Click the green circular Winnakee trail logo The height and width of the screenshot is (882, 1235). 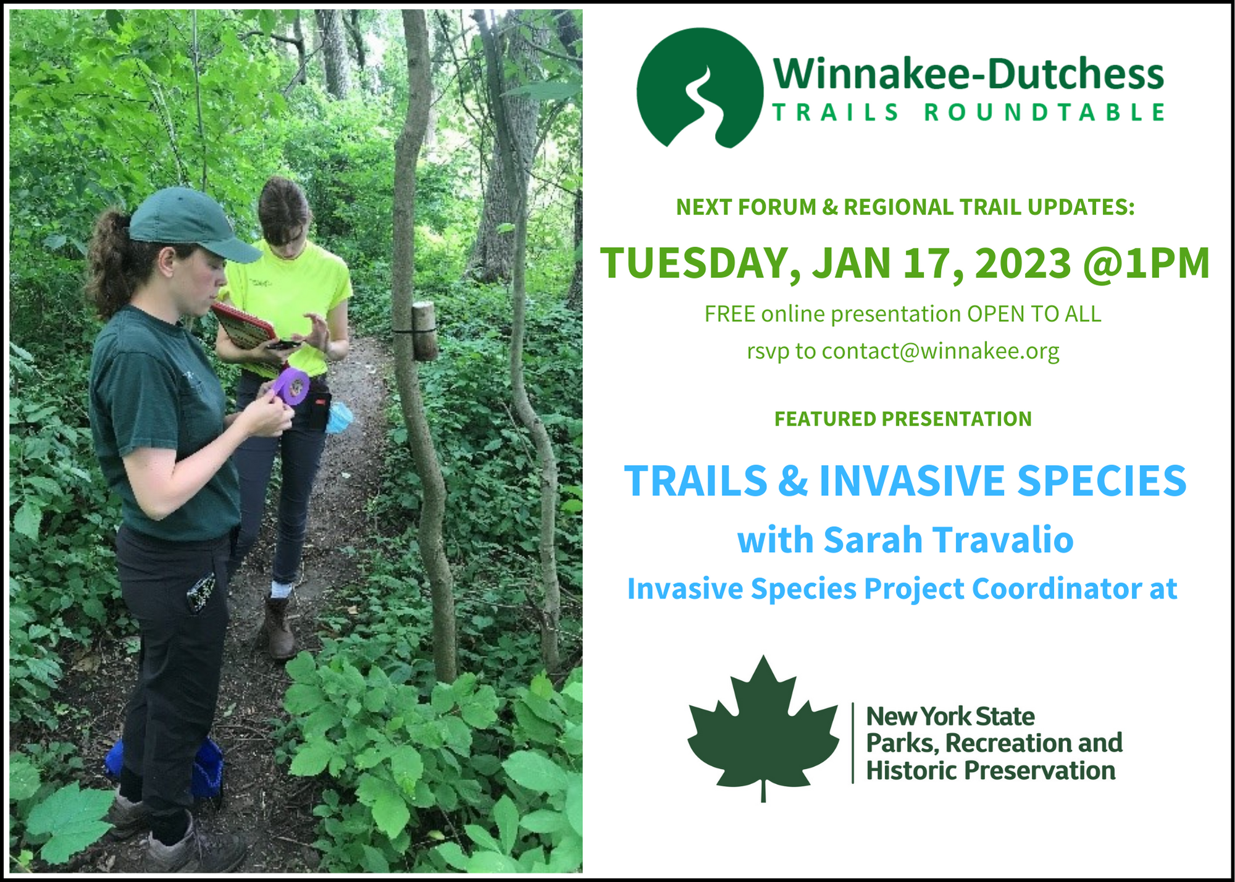coord(700,88)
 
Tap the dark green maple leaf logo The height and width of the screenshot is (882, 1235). coord(763,728)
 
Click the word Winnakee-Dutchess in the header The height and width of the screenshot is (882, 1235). coord(968,73)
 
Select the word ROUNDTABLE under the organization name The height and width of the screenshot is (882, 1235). coord(1044,112)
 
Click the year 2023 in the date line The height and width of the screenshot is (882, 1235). coord(1023,263)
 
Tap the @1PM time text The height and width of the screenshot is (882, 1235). coord(1147,264)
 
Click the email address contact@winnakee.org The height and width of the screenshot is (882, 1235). coord(940,351)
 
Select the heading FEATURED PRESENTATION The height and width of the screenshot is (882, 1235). coord(903,419)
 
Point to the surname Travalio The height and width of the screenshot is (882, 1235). coord(1004,539)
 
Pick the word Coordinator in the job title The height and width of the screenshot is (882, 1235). coord(1057,588)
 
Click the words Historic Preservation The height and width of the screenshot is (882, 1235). coord(990,770)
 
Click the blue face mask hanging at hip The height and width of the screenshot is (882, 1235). coord(339,417)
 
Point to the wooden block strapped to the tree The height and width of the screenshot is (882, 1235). coord(424,331)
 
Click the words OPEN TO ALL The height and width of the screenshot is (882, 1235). coord(1034,314)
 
